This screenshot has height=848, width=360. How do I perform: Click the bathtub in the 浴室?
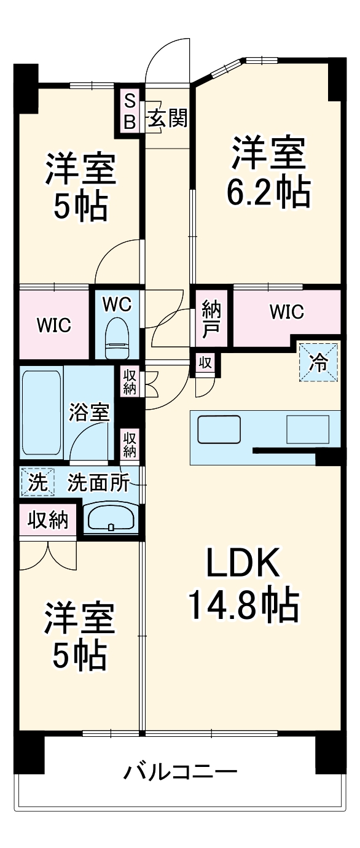(x=41, y=411)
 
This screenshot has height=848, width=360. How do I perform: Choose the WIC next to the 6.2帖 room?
(x=286, y=313)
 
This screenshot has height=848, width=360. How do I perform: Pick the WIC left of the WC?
(x=54, y=325)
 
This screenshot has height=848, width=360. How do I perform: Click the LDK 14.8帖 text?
(x=243, y=584)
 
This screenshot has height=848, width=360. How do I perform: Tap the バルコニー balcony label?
(x=180, y=771)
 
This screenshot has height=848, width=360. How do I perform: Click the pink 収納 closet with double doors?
(x=47, y=520)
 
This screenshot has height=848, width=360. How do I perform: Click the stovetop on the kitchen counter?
(x=308, y=429)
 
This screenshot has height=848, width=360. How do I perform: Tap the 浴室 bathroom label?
(x=90, y=412)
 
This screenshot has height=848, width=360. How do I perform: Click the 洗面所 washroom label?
(x=98, y=483)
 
